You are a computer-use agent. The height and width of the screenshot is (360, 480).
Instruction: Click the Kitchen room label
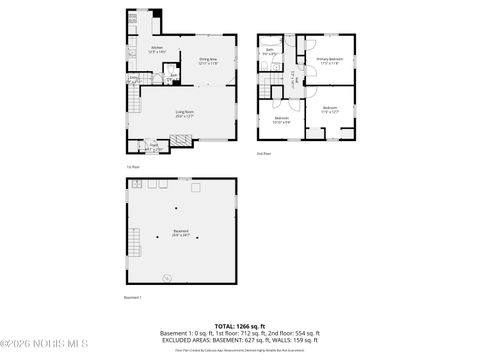point(156,49)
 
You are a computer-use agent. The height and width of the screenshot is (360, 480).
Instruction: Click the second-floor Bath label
point(270,51)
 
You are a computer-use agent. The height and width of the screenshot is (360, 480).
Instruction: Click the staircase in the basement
point(133,241)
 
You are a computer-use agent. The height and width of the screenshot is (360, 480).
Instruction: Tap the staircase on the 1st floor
point(132,100)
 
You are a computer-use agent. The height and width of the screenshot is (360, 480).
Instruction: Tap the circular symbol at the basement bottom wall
point(167,277)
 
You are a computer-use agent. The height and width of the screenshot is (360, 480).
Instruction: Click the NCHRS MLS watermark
point(33,348)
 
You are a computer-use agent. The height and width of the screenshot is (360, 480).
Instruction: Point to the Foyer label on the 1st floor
point(155,145)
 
